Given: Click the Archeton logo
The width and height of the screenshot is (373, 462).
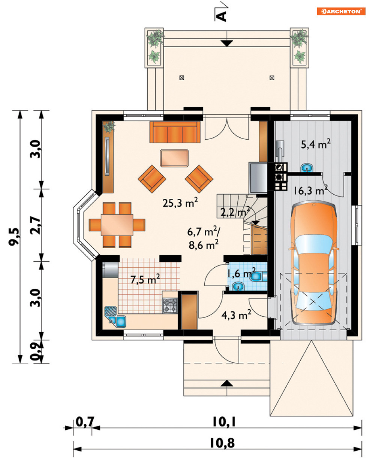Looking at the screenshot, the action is click(341, 11).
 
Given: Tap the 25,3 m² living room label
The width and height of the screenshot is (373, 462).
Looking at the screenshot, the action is click(180, 203).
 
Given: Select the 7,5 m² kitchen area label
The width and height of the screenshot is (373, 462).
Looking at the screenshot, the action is click(145, 279).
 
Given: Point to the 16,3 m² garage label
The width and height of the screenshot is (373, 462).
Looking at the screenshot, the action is click(311, 190).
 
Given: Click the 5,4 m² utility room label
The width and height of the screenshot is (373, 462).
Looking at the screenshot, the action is click(316, 144).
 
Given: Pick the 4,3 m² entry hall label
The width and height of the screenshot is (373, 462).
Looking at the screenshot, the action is click(236, 315).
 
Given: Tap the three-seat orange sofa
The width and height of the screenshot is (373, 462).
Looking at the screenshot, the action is click(175, 132).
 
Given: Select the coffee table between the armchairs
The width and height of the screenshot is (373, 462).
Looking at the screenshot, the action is click(174, 158).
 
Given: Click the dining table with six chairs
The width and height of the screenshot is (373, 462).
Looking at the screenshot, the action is click(117, 225).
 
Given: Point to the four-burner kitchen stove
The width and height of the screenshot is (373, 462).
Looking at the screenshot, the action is click(170, 305).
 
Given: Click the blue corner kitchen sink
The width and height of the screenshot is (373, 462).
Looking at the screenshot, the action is click(115, 317).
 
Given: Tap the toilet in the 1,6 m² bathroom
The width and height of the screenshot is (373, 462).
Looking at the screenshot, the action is click(258, 277).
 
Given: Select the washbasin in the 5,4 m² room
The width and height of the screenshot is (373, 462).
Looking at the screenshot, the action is click(307, 167).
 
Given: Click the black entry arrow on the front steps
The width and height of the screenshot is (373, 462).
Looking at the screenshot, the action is click(227, 383).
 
